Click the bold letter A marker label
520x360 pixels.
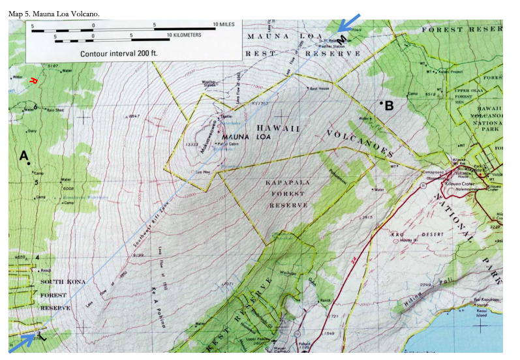click(24, 156)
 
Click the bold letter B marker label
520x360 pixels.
click(389, 105)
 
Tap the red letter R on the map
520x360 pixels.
click(33, 81)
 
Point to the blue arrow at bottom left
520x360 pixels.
click(22, 341)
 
